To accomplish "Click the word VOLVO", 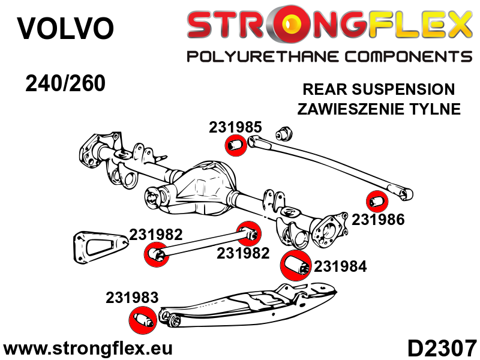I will pos(65,29).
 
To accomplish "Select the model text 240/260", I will pos(65,83).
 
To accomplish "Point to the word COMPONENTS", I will pos(401,57).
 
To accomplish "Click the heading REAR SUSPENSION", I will pos(379,90).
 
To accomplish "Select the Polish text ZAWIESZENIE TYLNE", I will pos(379,109).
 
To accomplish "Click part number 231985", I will pos(235,127).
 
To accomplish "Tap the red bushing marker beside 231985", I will pos(235,145).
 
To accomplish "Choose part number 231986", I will pos(378,220).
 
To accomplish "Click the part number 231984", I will pos(340,266).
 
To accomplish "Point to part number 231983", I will pos(132,297).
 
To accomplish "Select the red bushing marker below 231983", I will pos(143,319).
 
